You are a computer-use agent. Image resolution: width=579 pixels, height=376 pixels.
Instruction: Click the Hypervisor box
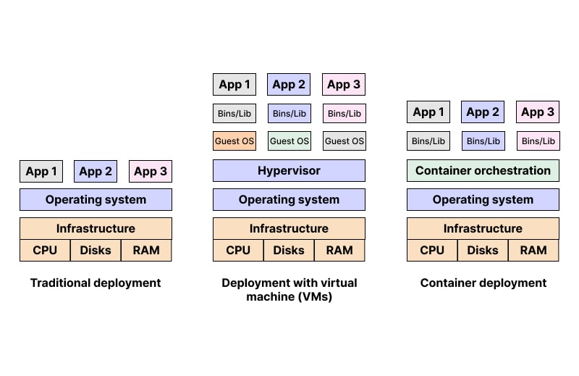tap(289, 171)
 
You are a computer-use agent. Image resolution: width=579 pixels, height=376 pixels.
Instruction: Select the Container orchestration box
tap(483, 171)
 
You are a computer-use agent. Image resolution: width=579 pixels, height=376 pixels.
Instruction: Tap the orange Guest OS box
tap(234, 141)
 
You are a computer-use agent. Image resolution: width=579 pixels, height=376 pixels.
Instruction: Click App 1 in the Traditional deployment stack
tap(41, 172)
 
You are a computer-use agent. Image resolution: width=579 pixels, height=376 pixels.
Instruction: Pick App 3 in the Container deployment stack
tap(538, 112)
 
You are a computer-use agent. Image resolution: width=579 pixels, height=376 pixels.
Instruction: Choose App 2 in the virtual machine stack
tap(289, 85)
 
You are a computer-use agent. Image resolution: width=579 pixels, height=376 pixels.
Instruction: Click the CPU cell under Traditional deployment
tap(45, 251)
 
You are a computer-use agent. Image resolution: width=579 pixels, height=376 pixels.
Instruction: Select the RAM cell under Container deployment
tap(533, 251)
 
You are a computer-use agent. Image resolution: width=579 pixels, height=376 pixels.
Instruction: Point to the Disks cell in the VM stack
tap(289, 251)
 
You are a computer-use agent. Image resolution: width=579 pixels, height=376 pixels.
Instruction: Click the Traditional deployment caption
tap(96, 283)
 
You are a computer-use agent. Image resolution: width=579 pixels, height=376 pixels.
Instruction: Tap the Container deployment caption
tap(483, 283)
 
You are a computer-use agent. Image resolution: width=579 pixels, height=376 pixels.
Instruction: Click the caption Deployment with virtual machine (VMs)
tap(289, 289)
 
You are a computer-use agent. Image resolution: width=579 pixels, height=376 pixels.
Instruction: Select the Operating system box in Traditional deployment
tap(96, 200)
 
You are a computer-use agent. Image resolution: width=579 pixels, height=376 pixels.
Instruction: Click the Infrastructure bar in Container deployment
tap(483, 228)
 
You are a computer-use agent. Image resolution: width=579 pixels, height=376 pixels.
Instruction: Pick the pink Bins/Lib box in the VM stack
tap(344, 114)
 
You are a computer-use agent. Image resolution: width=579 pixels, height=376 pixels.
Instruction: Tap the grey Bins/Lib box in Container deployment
tap(428, 141)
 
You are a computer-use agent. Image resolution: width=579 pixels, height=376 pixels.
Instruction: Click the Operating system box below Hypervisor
tap(289, 200)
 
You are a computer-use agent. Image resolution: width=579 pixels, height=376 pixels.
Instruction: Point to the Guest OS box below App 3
tap(344, 141)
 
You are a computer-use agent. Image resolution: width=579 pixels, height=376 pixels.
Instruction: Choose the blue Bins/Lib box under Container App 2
tap(483, 141)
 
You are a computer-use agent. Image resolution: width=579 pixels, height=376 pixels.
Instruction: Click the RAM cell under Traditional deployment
tap(146, 251)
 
